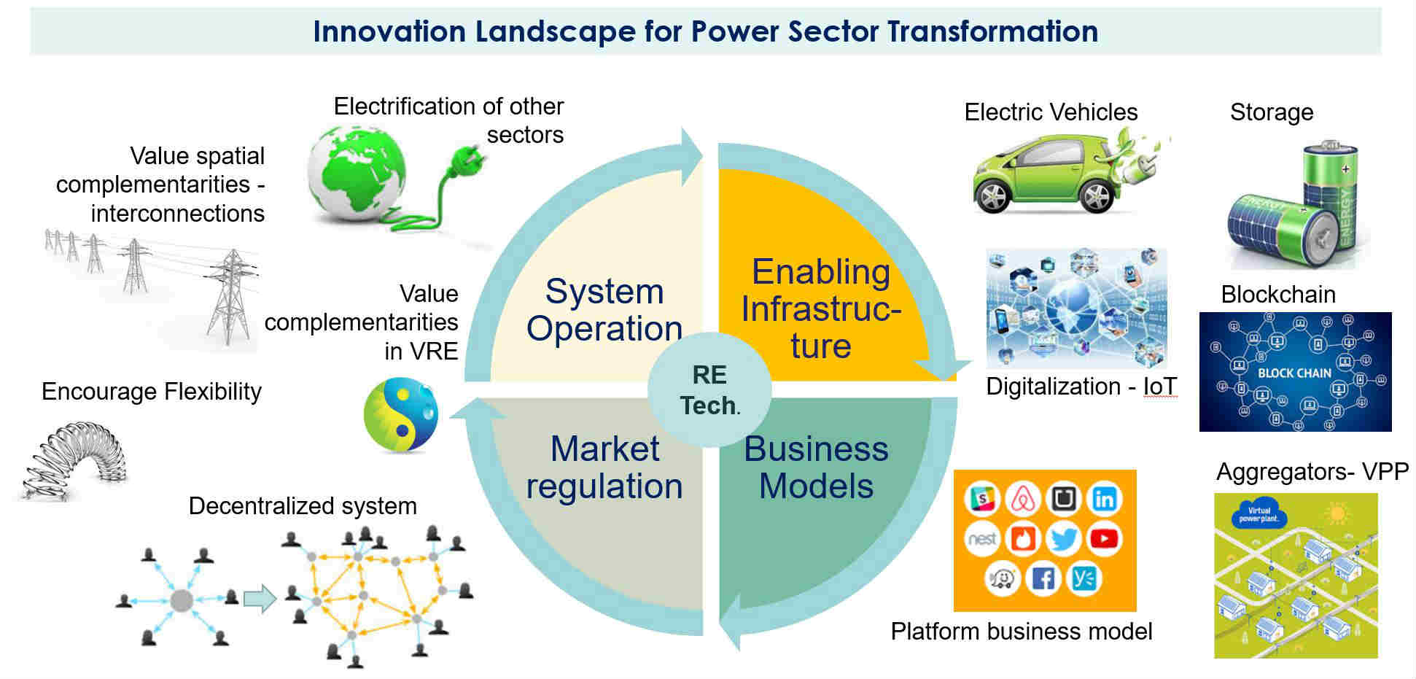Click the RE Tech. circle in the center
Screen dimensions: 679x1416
pyautogui.click(x=709, y=390)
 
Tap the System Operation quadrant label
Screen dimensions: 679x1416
pyautogui.click(x=604, y=310)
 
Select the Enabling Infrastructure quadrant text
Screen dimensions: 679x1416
pyautogui.click(x=821, y=309)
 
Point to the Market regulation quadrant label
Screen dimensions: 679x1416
pyautogui.click(x=604, y=467)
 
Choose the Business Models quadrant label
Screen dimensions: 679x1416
pyautogui.click(x=816, y=467)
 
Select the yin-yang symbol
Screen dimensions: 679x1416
pyautogui.click(x=401, y=414)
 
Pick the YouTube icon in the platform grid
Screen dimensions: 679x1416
pyautogui.click(x=1104, y=539)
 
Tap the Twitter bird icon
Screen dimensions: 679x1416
pyautogui.click(x=1063, y=540)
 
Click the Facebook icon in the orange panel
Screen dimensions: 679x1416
pyautogui.click(x=1043, y=578)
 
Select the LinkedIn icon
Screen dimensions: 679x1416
pyautogui.click(x=1104, y=499)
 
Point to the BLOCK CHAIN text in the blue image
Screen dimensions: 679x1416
pyautogui.click(x=1294, y=373)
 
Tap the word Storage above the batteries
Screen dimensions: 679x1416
pyautogui.click(x=1271, y=112)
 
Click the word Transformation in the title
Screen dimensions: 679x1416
pyautogui.click(x=992, y=32)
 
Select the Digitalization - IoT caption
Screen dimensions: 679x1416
pyautogui.click(x=1081, y=387)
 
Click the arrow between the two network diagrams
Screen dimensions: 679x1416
pyautogui.click(x=260, y=599)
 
